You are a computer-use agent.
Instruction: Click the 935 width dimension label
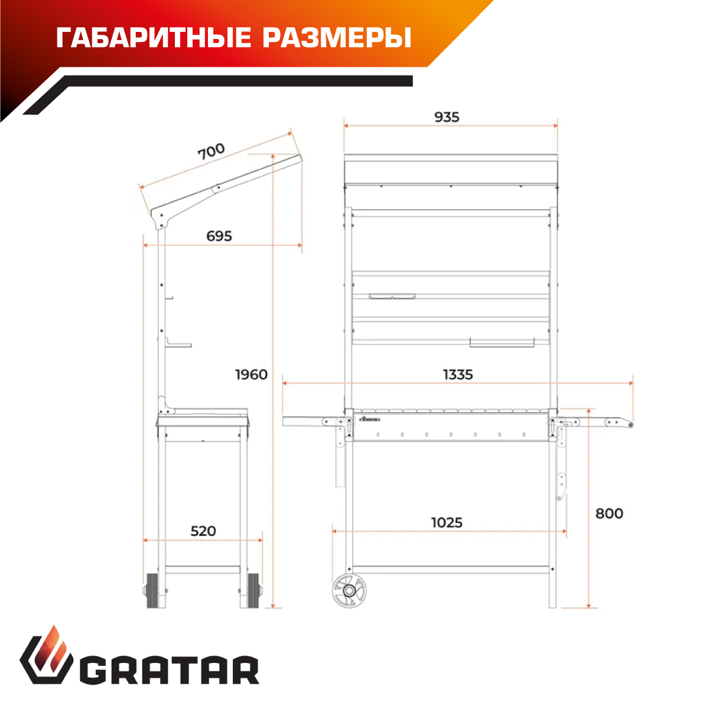tap(446, 117)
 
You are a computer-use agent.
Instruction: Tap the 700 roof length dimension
tap(211, 151)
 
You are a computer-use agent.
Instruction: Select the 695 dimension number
tap(219, 236)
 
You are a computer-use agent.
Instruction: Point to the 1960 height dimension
tap(251, 375)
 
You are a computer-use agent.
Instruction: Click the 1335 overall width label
tap(458, 375)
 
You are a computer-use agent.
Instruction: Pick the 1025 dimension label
tap(447, 522)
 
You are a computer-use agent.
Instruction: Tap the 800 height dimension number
tap(609, 513)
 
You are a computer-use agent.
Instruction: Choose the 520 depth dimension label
tap(203, 531)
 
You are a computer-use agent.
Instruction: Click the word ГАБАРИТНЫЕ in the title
tap(154, 38)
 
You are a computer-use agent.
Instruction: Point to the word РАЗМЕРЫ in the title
tap(337, 38)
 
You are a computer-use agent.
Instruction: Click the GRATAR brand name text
tap(169, 670)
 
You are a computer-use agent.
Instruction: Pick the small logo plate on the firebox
tap(369, 419)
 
